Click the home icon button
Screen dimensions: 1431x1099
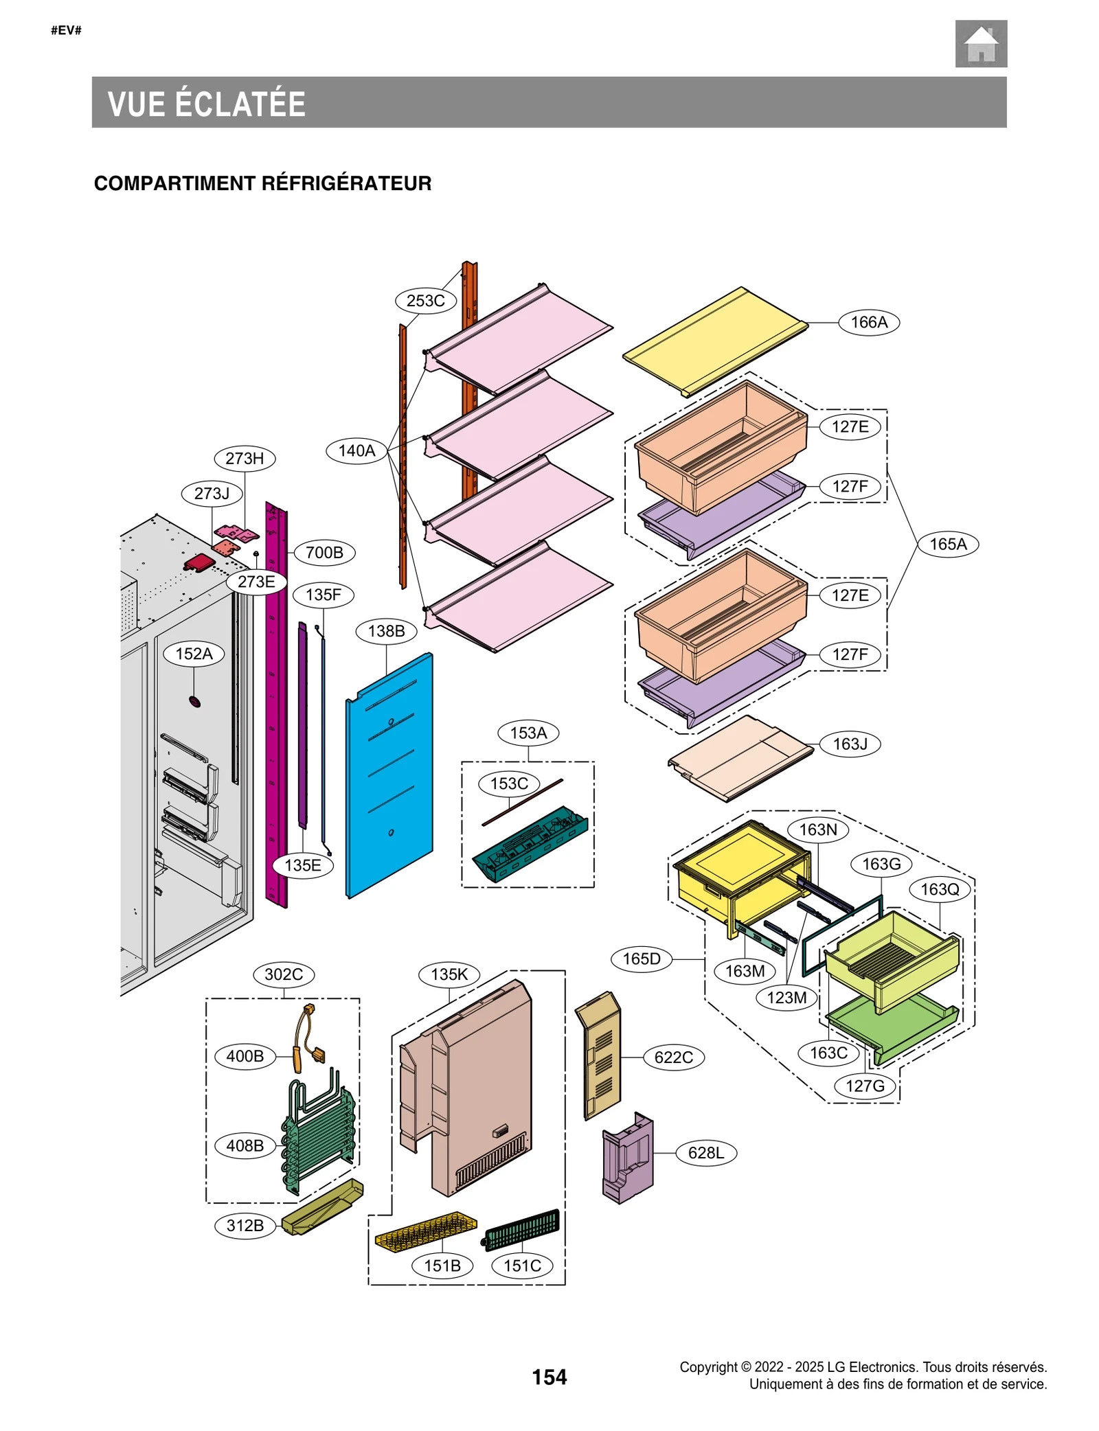pos(980,44)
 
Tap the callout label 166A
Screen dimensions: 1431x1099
pos(868,322)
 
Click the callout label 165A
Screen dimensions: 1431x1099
pos(947,544)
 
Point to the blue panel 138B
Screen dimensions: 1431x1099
pos(389,776)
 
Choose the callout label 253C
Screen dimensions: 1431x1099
pos(425,301)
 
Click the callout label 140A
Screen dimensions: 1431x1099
pos(356,450)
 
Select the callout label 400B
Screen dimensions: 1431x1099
pos(245,1056)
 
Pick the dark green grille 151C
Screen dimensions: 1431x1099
pos(522,1229)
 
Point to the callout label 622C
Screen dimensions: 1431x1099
pos(673,1057)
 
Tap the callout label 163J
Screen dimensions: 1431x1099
pos(850,744)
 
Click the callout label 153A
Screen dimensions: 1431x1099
pos(528,733)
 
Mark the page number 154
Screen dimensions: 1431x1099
pos(549,1377)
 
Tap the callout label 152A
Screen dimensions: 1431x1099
pos(194,653)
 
